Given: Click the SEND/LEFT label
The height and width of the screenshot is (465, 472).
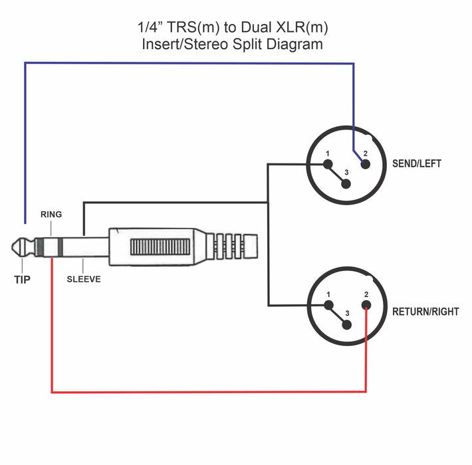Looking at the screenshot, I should tap(417, 163).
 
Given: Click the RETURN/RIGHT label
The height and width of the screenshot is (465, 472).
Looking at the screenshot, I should tap(425, 311).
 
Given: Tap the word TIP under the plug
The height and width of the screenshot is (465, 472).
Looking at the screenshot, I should tap(23, 280).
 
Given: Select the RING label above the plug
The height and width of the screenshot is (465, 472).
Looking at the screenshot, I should tap(51, 215).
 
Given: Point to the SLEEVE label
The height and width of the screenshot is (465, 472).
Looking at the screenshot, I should tap(84, 280).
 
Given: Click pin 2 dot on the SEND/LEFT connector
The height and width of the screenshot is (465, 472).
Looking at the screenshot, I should tap(364, 163).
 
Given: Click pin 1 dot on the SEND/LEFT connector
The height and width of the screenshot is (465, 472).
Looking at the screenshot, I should tap(327, 163).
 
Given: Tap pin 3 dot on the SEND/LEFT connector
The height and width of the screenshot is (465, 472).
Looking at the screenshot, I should tap(345, 183).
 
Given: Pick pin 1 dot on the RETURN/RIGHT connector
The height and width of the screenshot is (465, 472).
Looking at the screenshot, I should tap(328, 305).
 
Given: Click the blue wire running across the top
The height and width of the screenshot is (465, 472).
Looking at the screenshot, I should tap(186, 63).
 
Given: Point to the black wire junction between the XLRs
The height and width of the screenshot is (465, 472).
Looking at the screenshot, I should tap(268, 201).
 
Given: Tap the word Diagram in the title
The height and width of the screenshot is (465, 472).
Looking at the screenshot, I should tap(298, 45).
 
